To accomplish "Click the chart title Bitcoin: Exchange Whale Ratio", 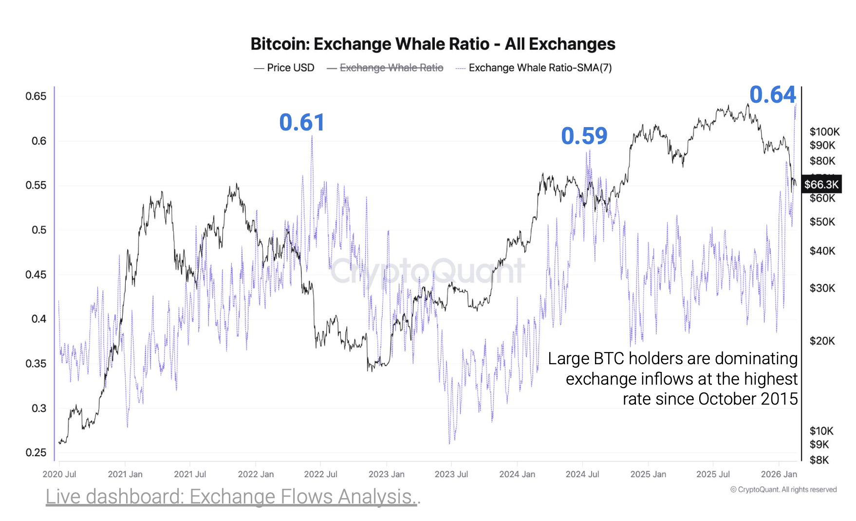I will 432,44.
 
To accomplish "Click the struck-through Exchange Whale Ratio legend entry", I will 391,68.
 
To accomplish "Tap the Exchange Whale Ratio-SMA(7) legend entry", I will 540,68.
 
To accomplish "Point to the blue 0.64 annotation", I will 772,94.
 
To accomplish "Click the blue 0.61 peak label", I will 301,122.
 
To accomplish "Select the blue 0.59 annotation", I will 584,136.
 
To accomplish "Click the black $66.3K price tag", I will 821,185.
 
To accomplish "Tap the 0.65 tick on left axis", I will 36,96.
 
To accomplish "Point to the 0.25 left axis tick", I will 36,452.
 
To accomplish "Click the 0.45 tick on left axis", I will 36,275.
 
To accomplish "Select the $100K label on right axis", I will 824,131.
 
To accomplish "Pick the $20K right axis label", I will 822,341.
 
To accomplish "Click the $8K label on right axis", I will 819,460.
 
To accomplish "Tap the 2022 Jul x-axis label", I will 320,474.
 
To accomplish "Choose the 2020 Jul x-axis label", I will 59,474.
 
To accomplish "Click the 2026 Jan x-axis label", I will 779,474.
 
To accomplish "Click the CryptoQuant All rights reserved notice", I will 783,489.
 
